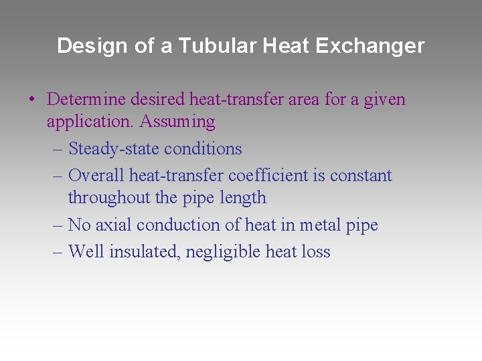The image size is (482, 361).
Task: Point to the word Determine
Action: click(83, 100)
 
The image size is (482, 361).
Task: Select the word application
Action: click(90, 122)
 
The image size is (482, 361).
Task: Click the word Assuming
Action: click(177, 122)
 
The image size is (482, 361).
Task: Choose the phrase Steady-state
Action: click(114, 148)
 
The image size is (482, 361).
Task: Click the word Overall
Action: click(96, 176)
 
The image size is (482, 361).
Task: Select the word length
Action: click(248, 198)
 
